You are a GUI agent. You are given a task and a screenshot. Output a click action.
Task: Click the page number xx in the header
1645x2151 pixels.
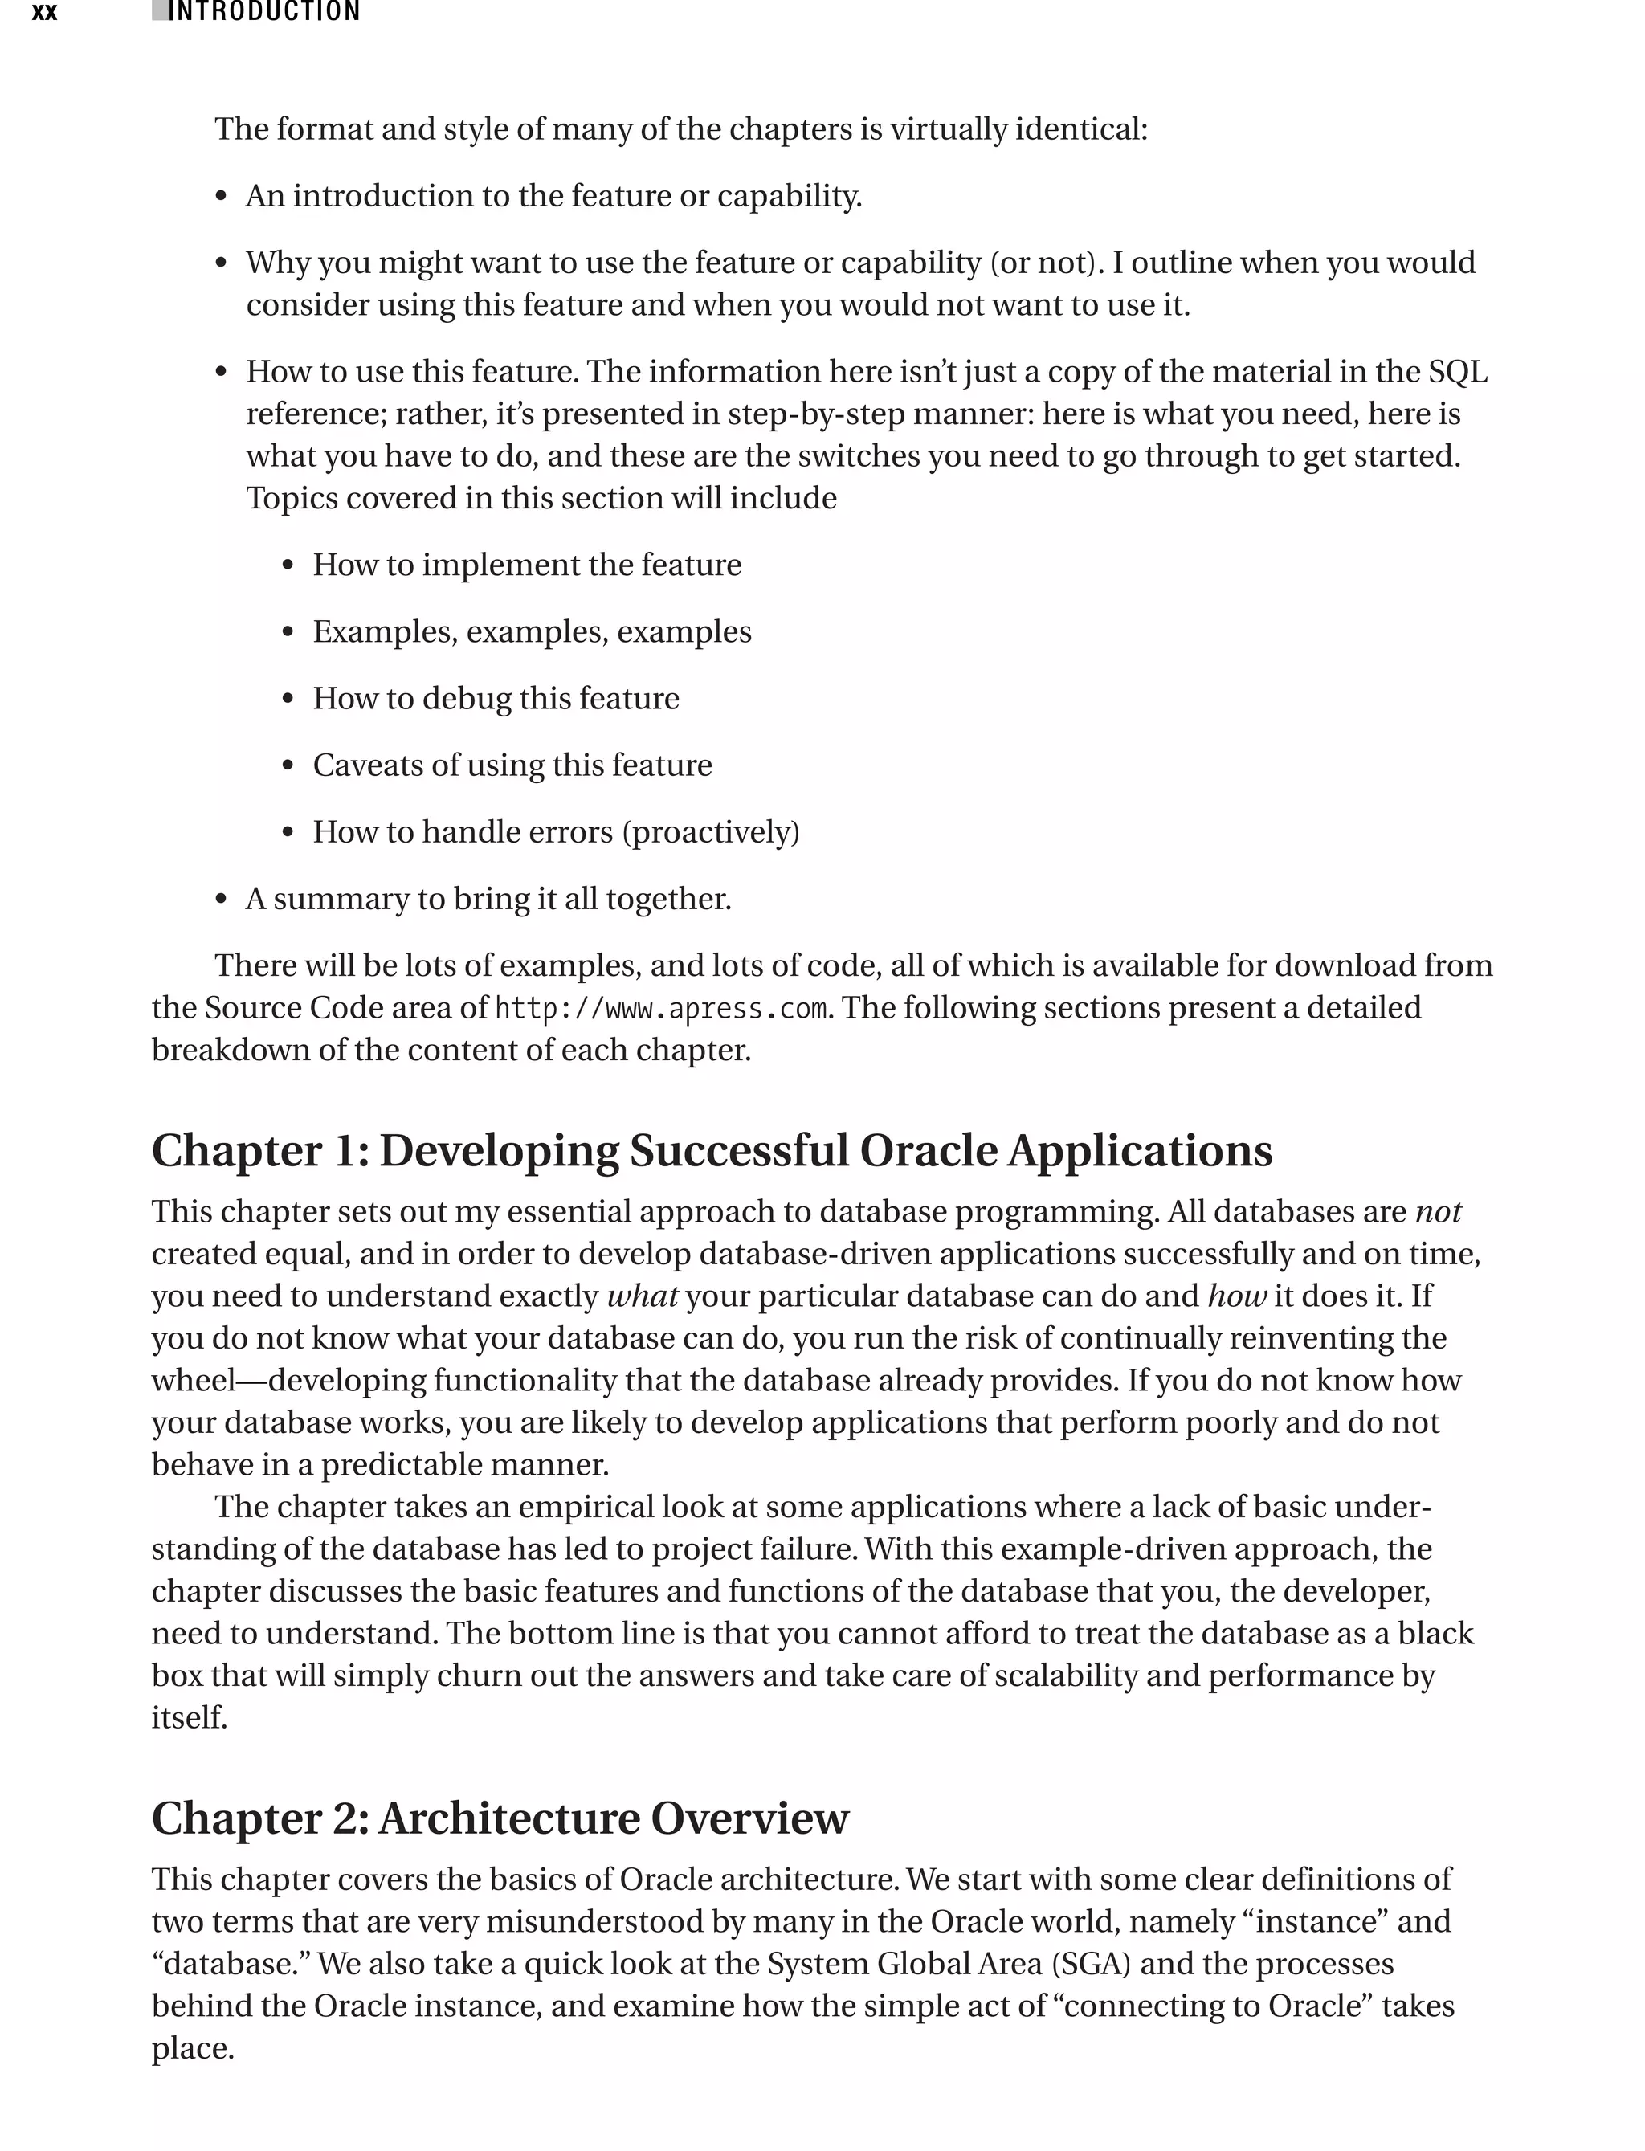pyautogui.click(x=44, y=13)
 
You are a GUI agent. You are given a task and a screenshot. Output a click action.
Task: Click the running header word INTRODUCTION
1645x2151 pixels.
pyautogui.click(x=264, y=12)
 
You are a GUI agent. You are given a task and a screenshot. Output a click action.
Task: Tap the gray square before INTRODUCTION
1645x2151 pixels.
pyautogui.click(x=158, y=12)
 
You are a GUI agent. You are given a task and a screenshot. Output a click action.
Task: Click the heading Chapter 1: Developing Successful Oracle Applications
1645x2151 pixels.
pyautogui.click(x=712, y=1150)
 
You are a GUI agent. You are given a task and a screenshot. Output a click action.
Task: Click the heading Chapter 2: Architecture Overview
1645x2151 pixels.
pyautogui.click(x=500, y=1818)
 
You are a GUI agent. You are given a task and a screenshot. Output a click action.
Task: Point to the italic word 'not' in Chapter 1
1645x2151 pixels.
pyautogui.click(x=1438, y=1212)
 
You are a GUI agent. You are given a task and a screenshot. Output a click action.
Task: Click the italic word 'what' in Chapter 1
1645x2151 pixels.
pyautogui.click(x=643, y=1296)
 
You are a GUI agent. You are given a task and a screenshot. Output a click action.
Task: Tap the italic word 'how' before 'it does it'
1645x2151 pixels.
pyautogui.click(x=1237, y=1296)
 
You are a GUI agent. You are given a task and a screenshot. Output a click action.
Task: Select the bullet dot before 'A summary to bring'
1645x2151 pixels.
pyautogui.click(x=222, y=900)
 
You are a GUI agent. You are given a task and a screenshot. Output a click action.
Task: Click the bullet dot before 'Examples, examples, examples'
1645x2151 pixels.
pyautogui.click(x=288, y=632)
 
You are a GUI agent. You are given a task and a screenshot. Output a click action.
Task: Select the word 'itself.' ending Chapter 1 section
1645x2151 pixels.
pyautogui.click(x=189, y=1717)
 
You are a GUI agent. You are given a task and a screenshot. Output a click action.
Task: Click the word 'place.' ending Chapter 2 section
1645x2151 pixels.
pyautogui.click(x=192, y=2048)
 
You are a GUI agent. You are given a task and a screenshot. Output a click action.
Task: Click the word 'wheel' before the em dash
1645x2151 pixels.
pyautogui.click(x=193, y=1381)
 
